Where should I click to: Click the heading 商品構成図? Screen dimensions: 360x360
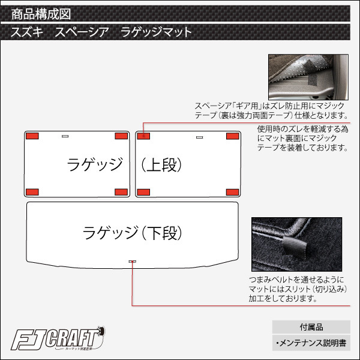click(41, 14)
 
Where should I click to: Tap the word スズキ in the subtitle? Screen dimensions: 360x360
click(27, 32)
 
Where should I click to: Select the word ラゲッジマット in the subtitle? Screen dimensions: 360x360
click(156, 32)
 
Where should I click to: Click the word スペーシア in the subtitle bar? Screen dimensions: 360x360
click(82, 32)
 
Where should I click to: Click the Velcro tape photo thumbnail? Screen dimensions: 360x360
click(308, 77)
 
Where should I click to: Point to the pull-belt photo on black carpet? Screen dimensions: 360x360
click(296, 244)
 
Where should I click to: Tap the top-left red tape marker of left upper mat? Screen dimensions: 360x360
click(32, 136)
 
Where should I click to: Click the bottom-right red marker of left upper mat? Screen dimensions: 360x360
click(121, 192)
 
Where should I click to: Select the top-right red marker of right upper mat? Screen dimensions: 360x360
click(233, 136)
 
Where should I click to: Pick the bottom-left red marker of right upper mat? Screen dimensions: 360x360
click(143, 192)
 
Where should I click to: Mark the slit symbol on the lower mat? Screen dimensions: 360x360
click(132, 262)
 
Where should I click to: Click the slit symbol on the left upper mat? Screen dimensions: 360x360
click(65, 136)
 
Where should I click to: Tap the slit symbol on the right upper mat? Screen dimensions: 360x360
click(200, 137)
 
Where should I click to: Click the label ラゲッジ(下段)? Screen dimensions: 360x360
click(133, 233)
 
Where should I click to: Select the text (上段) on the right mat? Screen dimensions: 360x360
click(161, 165)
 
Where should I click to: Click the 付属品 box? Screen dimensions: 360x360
click(311, 327)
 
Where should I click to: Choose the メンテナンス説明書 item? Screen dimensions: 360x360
click(311, 343)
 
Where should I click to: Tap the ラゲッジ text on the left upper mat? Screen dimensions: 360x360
click(95, 164)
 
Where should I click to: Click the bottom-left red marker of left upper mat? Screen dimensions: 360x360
click(32, 192)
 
